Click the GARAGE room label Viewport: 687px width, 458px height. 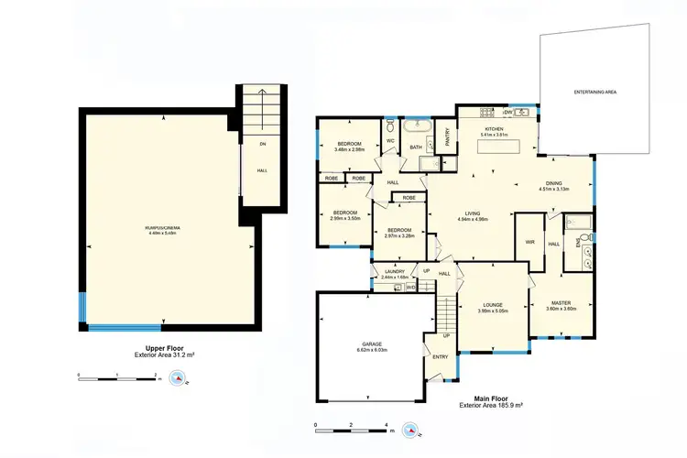(x=371, y=343)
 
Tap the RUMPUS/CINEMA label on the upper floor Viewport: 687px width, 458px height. (x=161, y=227)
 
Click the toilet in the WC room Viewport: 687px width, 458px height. (x=390, y=122)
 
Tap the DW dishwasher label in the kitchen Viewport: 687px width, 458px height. (x=506, y=112)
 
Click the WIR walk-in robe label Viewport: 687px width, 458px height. (x=529, y=243)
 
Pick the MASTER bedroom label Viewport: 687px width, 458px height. (x=562, y=302)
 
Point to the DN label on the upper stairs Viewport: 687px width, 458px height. (x=262, y=143)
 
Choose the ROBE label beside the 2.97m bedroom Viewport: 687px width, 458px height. (x=409, y=197)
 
